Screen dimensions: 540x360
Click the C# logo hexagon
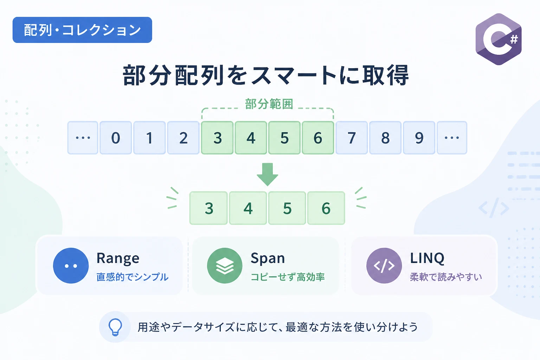coord(499,39)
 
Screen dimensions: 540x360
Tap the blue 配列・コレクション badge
coord(82,30)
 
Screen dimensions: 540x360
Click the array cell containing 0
coord(116,138)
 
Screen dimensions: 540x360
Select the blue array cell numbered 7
coord(352,138)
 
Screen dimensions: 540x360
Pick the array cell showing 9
coord(419,138)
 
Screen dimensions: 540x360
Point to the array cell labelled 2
coord(183,138)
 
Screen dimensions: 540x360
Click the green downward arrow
coord(267,174)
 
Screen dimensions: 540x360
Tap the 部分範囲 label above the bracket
coord(269,104)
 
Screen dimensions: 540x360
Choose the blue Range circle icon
coord(71,265)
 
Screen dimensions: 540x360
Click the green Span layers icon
coord(225,265)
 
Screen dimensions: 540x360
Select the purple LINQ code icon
coord(384,265)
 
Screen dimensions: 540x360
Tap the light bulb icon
coord(115,327)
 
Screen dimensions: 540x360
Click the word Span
coord(268,258)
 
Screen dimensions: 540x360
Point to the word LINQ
coord(427,258)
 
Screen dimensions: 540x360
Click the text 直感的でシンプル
coord(132,277)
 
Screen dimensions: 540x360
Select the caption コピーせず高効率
coord(288,277)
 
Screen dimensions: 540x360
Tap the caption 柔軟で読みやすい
coord(446,277)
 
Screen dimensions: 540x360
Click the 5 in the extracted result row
coord(287,208)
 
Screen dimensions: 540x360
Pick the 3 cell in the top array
coord(217,138)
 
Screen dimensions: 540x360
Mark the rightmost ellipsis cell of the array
coord(452,138)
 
